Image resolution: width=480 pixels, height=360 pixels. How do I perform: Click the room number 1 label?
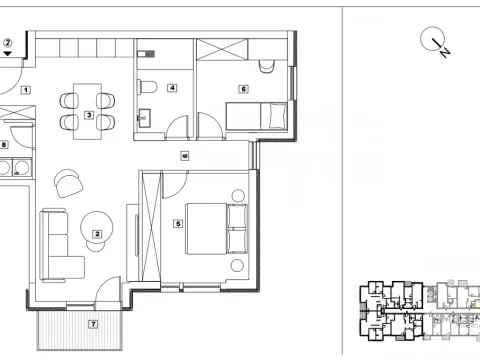click(x=26, y=90)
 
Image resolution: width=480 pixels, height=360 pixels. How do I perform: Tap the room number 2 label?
click(x=97, y=235)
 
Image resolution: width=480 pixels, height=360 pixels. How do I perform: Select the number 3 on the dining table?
click(x=89, y=116)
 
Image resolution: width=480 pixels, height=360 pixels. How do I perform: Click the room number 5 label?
click(x=177, y=224)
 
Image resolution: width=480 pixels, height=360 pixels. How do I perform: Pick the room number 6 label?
click(x=243, y=88)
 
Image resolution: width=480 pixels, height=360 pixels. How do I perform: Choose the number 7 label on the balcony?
click(x=92, y=323)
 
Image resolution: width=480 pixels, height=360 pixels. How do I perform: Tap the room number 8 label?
click(x=5, y=144)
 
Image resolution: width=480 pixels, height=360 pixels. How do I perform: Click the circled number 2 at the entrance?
click(x=8, y=43)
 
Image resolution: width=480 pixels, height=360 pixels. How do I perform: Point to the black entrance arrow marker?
click(x=8, y=55)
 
